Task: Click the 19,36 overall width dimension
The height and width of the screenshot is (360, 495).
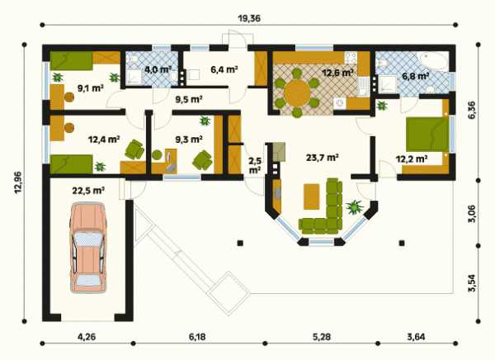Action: point(249,18)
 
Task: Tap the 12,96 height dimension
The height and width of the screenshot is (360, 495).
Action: point(18,182)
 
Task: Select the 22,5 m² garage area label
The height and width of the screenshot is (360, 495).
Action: point(88,191)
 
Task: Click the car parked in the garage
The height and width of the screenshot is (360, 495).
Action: point(88,248)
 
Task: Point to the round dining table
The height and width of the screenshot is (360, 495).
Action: point(297,93)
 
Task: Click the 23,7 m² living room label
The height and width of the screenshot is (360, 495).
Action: point(323,157)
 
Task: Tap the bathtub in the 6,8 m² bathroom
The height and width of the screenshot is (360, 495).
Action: point(432,62)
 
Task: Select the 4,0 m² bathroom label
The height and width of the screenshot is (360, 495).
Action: point(158,69)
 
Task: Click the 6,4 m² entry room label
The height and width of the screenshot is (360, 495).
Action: point(224,69)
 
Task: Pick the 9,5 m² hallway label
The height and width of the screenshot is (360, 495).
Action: point(189,100)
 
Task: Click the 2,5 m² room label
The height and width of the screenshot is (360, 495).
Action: point(255,165)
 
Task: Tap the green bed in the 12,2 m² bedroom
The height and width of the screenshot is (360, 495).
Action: point(427,135)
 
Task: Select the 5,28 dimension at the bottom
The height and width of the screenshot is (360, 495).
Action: point(322,337)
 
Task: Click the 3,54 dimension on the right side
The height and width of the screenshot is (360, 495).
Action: point(471,283)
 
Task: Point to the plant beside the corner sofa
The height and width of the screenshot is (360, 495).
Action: point(355,206)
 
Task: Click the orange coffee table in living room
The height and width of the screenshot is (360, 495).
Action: point(312,197)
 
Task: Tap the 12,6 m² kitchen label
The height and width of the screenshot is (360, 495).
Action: point(337,73)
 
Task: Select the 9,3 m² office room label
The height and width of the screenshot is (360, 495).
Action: point(189,139)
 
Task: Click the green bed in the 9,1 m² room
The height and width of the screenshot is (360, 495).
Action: point(71,61)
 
